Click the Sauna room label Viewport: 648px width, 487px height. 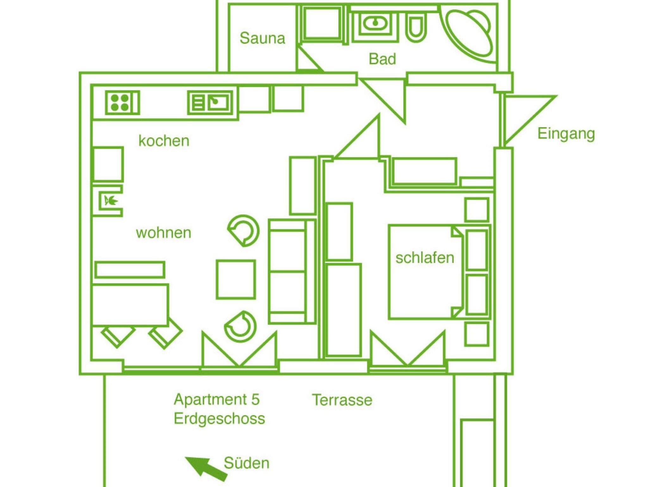pos(262,38)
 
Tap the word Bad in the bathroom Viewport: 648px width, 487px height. pos(382,59)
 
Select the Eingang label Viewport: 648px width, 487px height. pos(566,134)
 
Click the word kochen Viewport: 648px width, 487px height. pos(164,141)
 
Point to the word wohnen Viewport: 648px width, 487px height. pos(164,233)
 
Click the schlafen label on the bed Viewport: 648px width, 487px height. pos(425,258)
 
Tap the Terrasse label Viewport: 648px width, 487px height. pos(342,400)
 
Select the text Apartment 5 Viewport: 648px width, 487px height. pos(217,399)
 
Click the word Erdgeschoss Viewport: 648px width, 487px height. pos(219,419)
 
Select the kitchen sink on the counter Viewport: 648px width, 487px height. pos(210,103)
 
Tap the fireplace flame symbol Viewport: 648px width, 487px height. pos(110,201)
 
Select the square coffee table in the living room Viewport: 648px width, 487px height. pos(236,280)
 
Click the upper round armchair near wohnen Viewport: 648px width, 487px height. pos(244,231)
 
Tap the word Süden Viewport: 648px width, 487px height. pos(246,463)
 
